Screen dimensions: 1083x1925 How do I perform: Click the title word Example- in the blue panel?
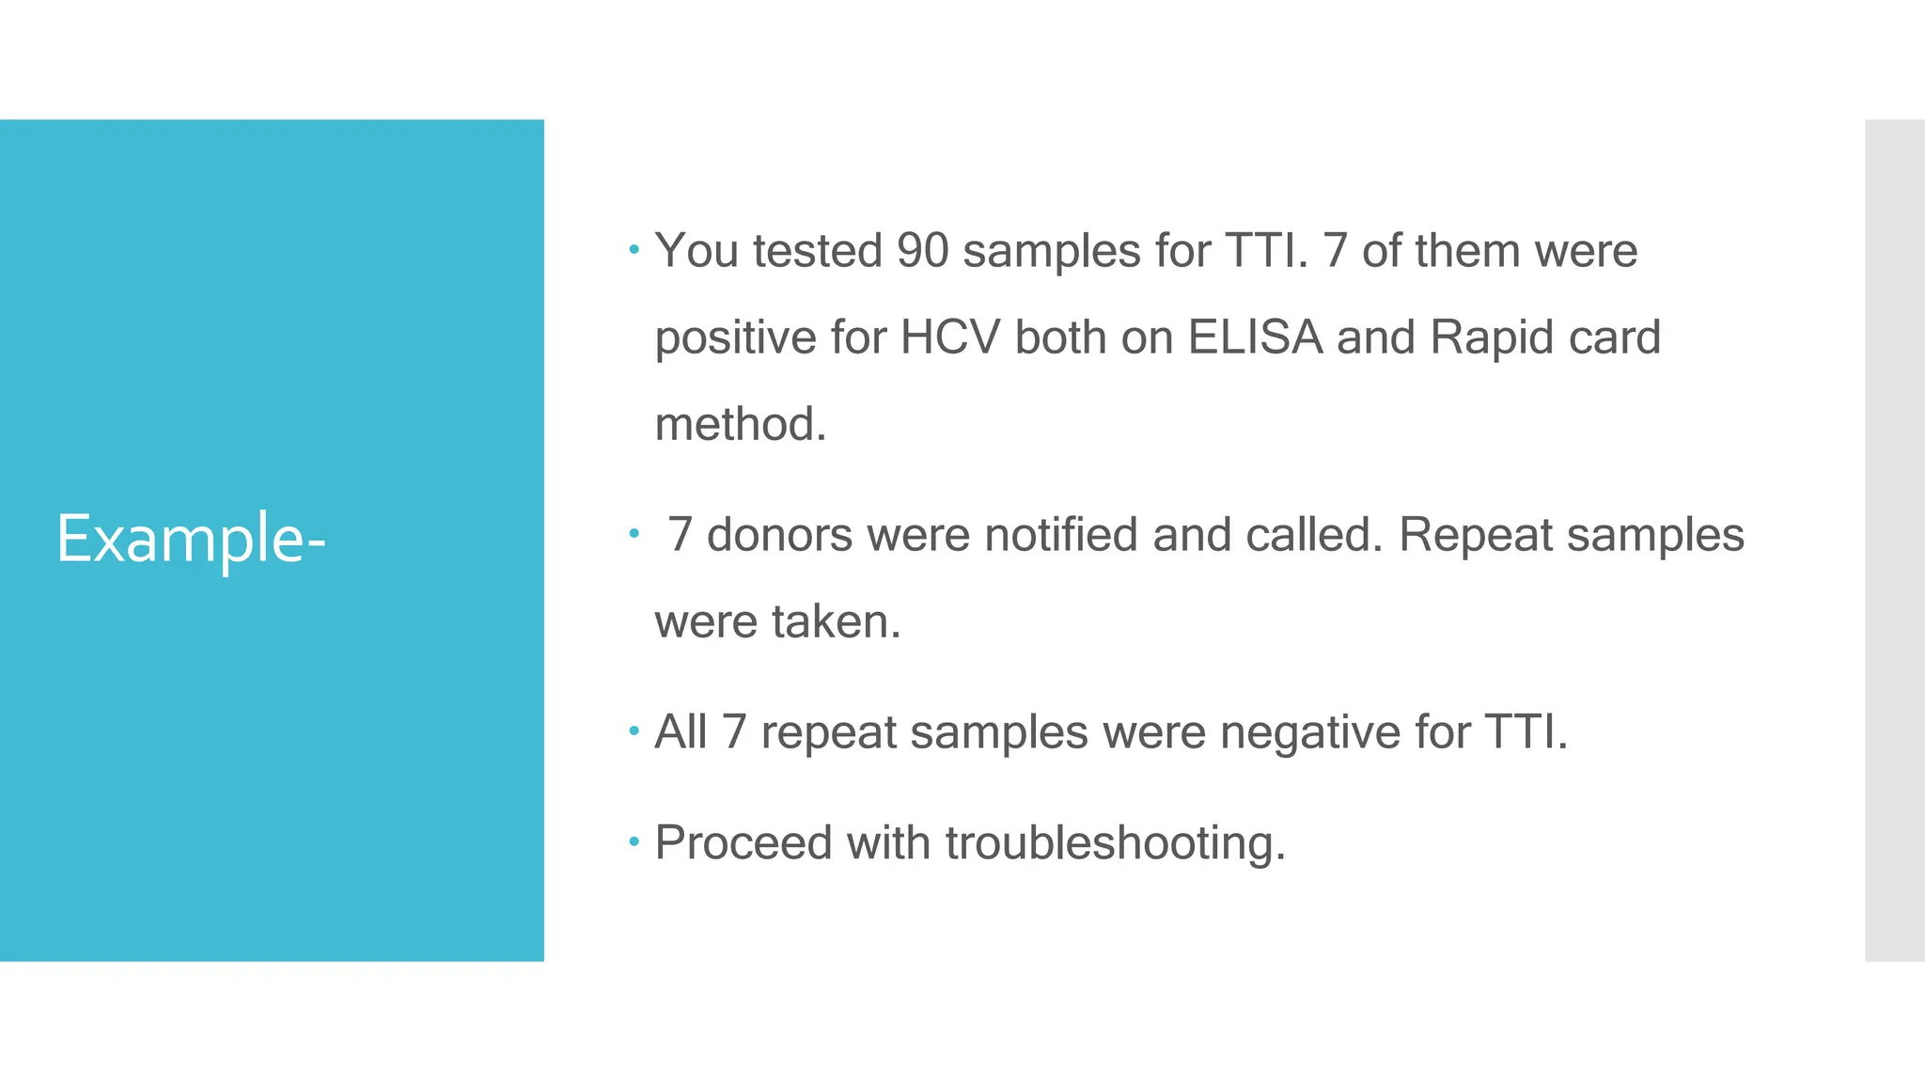click(191, 540)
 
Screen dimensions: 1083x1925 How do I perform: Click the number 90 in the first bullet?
click(923, 251)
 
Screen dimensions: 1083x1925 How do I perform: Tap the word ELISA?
click(1255, 337)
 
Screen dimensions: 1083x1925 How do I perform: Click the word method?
click(740, 424)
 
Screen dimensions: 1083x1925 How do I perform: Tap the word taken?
click(836, 621)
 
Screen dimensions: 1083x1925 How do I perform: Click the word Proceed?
click(743, 842)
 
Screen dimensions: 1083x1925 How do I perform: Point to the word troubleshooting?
click(1115, 842)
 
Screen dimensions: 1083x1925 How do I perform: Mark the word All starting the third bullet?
click(681, 732)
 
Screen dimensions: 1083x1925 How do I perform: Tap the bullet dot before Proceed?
click(634, 840)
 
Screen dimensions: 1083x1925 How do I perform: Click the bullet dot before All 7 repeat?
click(634, 730)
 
